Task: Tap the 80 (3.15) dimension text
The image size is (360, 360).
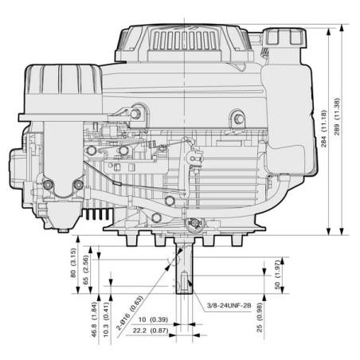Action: pos(73,263)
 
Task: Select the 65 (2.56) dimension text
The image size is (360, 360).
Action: pos(86,270)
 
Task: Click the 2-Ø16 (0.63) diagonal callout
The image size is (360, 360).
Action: pos(130,312)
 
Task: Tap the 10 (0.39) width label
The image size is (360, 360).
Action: pos(153,319)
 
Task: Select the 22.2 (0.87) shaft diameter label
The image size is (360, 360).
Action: pos(151,331)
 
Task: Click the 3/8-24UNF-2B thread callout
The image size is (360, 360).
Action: pos(229,305)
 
